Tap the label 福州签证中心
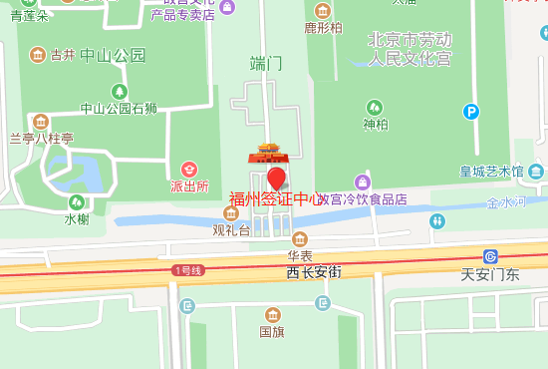pos(276,198)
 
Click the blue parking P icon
pos(470,113)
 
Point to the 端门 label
pos(266,63)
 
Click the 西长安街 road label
pos(314,271)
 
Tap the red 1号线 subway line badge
pos(188,270)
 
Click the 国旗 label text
pos(271,331)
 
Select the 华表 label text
pos(300,255)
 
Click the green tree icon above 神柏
pos(375,107)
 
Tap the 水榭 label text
pos(77,218)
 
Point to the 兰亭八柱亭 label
pos(42,139)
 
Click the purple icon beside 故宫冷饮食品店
pos(363,183)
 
